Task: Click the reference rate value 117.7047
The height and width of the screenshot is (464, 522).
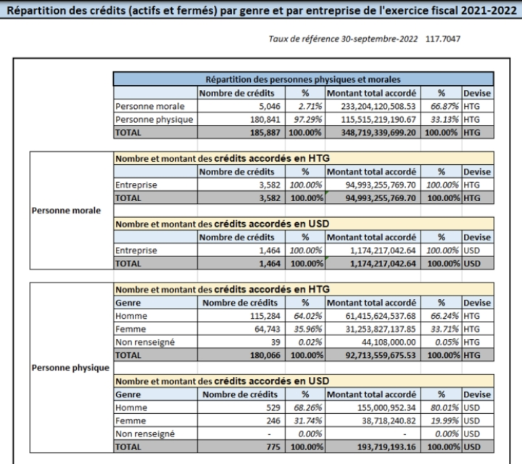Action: (443, 39)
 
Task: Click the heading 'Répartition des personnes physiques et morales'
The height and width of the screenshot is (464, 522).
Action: (303, 79)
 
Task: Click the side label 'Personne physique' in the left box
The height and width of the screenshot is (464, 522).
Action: (70, 368)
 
